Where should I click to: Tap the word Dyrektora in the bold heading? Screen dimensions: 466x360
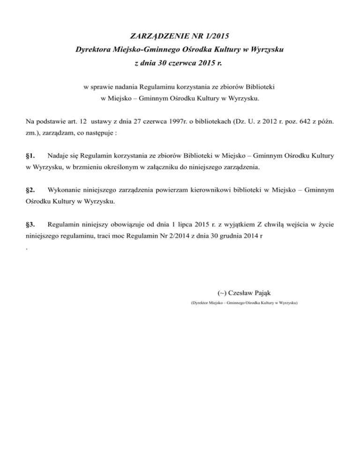click(93, 48)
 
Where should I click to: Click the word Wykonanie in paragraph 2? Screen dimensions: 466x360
click(65, 190)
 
